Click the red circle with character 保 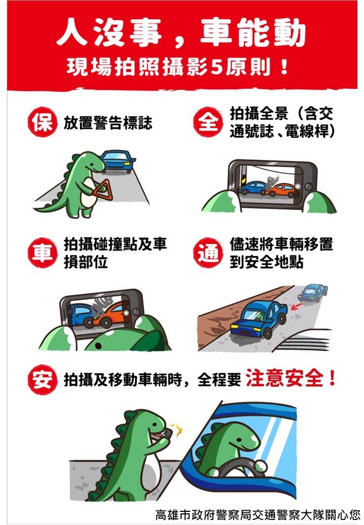[42, 122]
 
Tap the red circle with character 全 [208, 122]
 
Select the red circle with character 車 [42, 252]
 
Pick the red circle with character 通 [208, 252]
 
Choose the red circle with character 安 [42, 380]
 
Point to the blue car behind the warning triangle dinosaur [118, 161]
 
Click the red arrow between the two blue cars [296, 306]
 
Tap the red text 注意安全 [285, 378]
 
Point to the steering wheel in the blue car [238, 465]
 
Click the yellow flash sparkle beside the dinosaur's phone [177, 430]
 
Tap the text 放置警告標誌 [108, 123]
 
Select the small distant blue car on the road [313, 293]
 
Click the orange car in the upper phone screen [282, 190]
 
